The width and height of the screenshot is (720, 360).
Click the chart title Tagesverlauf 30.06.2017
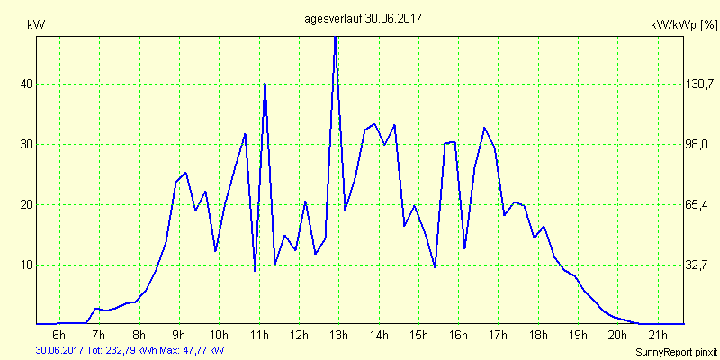pos(360,18)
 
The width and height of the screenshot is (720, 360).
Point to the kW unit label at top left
pos(36,25)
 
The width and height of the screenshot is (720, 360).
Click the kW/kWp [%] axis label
pos(683,25)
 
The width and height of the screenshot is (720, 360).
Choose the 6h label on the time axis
pos(59,336)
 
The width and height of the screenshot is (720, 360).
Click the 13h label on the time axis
pos(338,336)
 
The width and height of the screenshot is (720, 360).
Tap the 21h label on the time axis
pos(657,336)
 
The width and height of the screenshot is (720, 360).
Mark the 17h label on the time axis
pos(498,336)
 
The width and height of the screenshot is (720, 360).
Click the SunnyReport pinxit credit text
pos(676,350)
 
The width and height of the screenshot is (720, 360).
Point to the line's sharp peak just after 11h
pos(265,84)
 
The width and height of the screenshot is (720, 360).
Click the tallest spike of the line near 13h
pos(335,38)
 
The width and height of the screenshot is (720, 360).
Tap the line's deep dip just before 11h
pos(255,270)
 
